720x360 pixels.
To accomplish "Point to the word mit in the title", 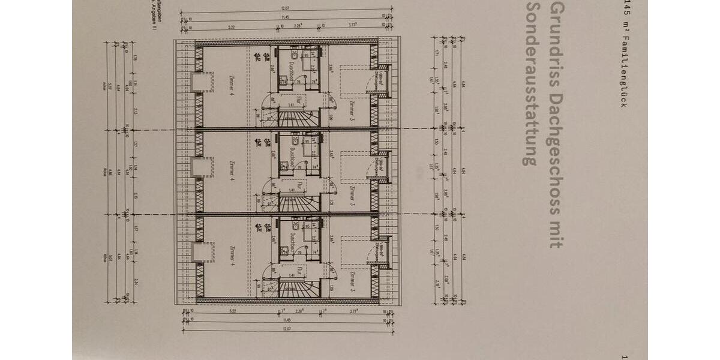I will click(x=557, y=231).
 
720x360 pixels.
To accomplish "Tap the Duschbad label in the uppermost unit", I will click(x=290, y=72).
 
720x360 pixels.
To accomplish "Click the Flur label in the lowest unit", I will click(x=299, y=268).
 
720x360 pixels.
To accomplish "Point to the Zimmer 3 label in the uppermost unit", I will click(x=353, y=112).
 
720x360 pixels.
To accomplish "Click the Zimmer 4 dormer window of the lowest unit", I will click(x=203, y=252).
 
